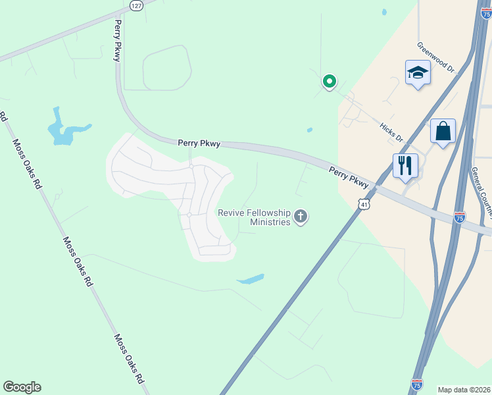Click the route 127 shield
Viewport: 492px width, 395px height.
(x=135, y=5)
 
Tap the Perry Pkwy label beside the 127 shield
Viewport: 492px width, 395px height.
(x=118, y=41)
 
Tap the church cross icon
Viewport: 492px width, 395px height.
(x=301, y=217)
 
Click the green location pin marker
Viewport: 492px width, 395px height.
(x=329, y=82)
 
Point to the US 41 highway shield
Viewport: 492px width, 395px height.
(x=364, y=205)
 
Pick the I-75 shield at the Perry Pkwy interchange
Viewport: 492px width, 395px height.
(x=460, y=217)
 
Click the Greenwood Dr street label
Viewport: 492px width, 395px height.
(x=435, y=58)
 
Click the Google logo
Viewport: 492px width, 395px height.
(x=22, y=387)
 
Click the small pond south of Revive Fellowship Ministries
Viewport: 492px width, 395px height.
(x=251, y=279)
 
